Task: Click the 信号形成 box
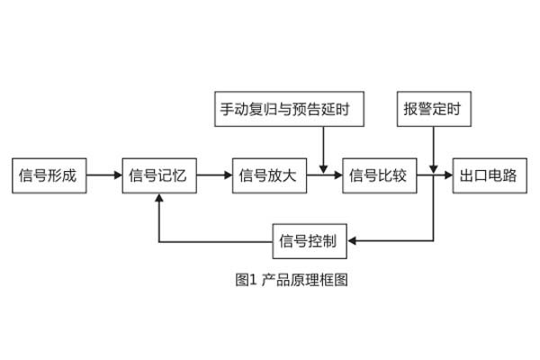coord(50,175)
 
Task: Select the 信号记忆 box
coord(158,175)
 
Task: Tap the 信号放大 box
coord(269,175)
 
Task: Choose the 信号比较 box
coord(378,175)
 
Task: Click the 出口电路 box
coord(489,175)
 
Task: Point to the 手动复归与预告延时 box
coord(292,110)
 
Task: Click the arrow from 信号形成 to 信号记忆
coord(104,175)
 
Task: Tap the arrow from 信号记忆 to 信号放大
coord(213,175)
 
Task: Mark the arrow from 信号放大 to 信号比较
coord(324,175)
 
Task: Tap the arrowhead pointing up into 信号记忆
coord(158,199)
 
